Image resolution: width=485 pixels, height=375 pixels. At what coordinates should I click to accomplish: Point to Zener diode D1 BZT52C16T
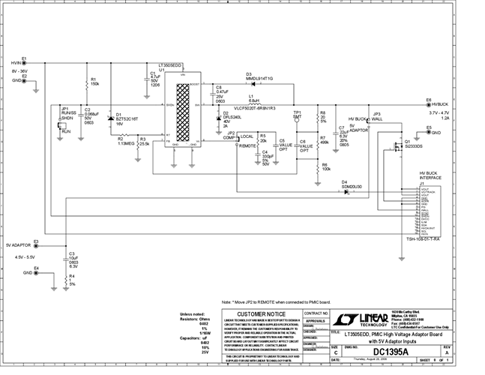click(111, 118)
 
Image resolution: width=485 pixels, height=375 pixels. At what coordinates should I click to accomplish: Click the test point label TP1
click(297, 112)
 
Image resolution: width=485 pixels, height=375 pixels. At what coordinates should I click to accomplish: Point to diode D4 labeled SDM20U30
click(346, 191)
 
